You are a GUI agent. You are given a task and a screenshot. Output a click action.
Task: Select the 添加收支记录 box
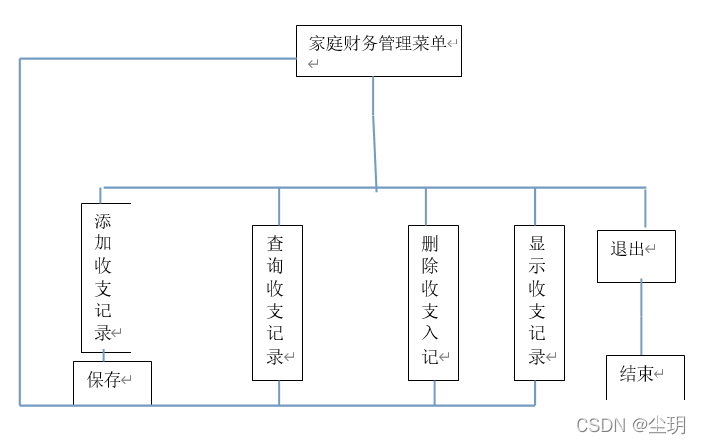[x=106, y=277]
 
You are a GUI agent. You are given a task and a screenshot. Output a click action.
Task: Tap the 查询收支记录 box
[x=277, y=302]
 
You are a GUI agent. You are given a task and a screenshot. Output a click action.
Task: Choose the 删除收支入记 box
[x=434, y=302]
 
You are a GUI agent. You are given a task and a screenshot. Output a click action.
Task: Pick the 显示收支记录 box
[x=539, y=302]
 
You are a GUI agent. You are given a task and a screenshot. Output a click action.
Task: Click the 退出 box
[x=636, y=256]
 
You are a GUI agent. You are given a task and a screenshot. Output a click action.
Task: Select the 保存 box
[x=113, y=383]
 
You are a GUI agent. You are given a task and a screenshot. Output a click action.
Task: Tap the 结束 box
[x=645, y=377]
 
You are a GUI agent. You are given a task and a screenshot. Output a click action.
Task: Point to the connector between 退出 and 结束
[x=641, y=318]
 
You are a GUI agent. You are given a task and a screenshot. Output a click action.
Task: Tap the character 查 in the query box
[x=275, y=243]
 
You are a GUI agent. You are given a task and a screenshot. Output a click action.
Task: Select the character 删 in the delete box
[x=430, y=243]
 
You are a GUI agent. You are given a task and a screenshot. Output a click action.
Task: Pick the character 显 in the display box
[x=537, y=243]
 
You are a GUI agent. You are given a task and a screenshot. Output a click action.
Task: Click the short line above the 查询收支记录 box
[x=279, y=206]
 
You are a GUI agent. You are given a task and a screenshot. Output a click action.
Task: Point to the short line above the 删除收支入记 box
[x=426, y=206]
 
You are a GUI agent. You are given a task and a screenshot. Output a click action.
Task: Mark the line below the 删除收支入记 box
[x=434, y=393]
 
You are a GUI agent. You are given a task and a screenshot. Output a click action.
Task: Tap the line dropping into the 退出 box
[x=645, y=209]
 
